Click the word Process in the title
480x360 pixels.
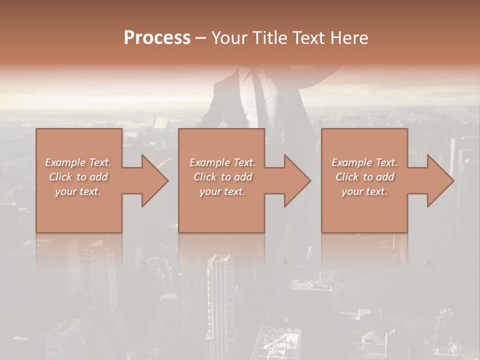[x=157, y=38]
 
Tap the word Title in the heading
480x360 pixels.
[x=269, y=38]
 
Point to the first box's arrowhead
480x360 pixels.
[x=154, y=180]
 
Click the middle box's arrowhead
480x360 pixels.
[x=297, y=180]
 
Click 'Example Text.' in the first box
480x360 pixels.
[x=78, y=162]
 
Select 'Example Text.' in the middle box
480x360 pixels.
[x=222, y=162]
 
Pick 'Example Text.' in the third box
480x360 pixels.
[x=364, y=162]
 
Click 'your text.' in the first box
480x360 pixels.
[x=78, y=191]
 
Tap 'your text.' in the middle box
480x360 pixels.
[x=222, y=191]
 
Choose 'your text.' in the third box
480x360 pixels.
[x=364, y=191]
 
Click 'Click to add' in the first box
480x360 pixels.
[x=78, y=177]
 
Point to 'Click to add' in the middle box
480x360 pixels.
[x=222, y=177]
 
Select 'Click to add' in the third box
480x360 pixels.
[x=364, y=177]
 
